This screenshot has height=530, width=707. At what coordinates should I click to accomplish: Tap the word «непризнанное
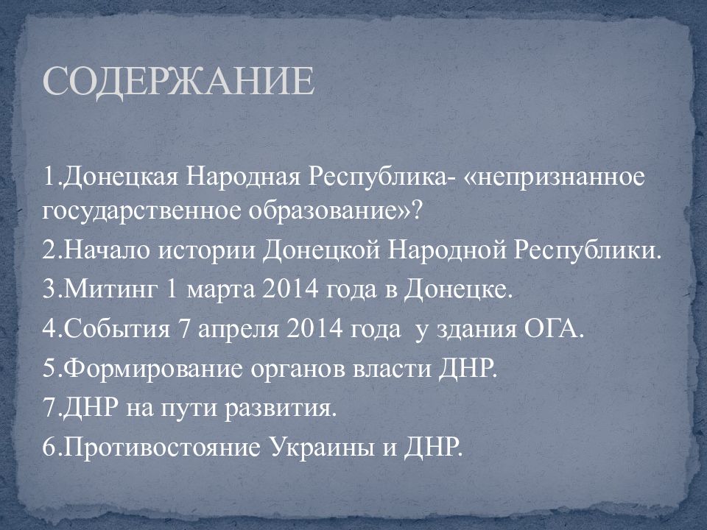click(x=555, y=178)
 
